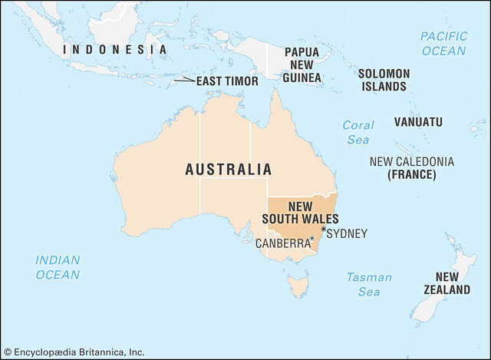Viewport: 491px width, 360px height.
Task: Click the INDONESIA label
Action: tap(114, 49)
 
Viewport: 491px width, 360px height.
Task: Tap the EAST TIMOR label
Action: tap(227, 81)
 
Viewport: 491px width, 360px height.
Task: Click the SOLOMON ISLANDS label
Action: tap(384, 80)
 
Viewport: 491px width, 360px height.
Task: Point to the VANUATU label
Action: tap(418, 122)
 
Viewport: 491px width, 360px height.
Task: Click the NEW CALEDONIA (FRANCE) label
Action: tap(411, 168)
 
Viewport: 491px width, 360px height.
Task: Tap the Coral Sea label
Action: tap(358, 132)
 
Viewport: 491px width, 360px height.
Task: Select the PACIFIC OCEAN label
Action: tap(443, 43)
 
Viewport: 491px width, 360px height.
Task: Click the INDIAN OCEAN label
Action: tap(58, 267)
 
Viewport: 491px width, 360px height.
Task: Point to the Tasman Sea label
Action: tap(368, 285)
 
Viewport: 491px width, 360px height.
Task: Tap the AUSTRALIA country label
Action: tap(228, 170)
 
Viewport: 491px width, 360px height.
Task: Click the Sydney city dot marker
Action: tap(324, 229)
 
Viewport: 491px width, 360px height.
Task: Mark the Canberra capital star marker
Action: tap(312, 239)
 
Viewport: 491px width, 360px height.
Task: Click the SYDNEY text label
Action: tap(347, 233)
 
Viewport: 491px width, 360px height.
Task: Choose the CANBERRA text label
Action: tap(282, 244)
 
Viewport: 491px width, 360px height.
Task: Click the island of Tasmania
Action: tap(298, 287)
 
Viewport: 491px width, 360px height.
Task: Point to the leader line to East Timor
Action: tap(183, 80)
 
